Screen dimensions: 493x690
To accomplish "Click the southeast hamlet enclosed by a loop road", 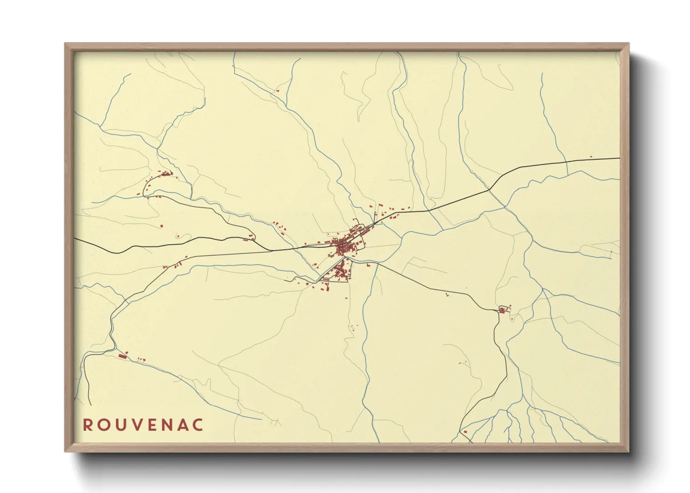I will tap(503, 309).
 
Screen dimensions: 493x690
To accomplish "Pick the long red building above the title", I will tap(123, 356).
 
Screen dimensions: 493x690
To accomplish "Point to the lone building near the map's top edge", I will tap(278, 90).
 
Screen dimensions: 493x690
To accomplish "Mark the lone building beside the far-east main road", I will tap(591, 157).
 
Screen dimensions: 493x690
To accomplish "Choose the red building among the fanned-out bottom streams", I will tap(465, 432).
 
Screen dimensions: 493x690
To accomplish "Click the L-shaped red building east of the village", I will tap(369, 265).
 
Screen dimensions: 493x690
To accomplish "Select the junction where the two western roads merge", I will tap(272, 250).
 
